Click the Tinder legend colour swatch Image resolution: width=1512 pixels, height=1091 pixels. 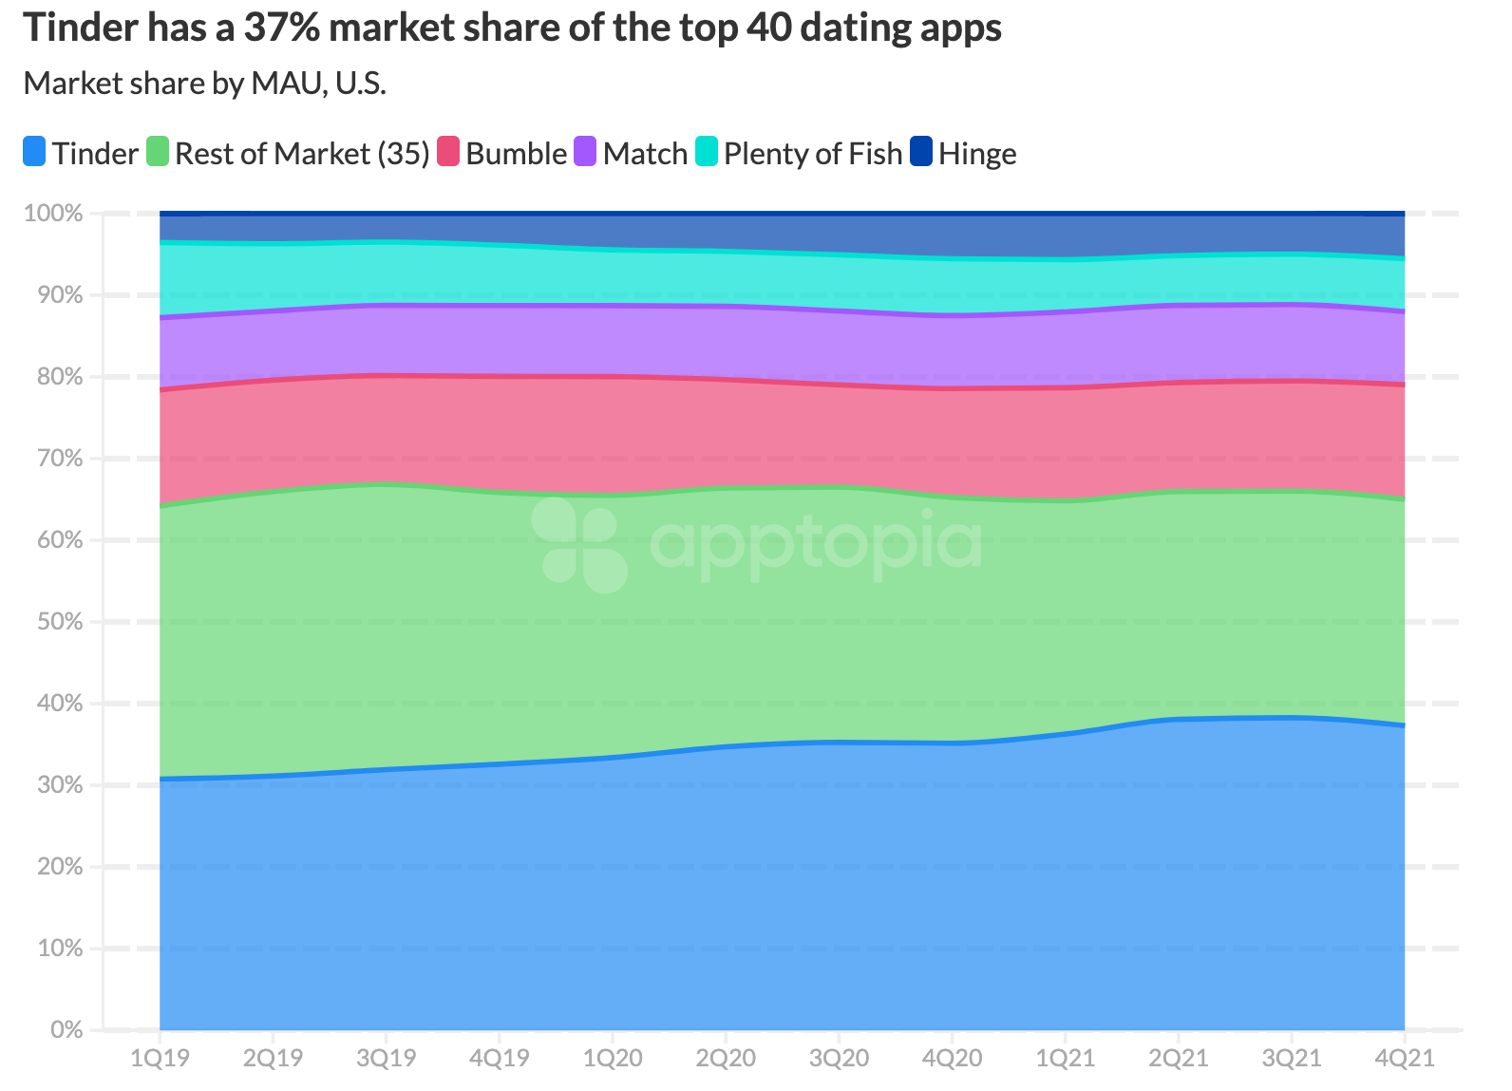click(35, 152)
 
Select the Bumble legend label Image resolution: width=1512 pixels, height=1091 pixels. click(516, 154)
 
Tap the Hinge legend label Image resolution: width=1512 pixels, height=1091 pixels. click(977, 154)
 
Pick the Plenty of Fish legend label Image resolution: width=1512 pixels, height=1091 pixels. click(813, 154)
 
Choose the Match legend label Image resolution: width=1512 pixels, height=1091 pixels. click(645, 154)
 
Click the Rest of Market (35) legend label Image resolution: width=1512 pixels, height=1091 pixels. click(302, 154)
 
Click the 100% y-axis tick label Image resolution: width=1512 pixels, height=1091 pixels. click(54, 213)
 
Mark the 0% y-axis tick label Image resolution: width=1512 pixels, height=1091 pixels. click(66, 1030)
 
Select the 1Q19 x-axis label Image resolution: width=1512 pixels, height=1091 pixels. click(160, 1058)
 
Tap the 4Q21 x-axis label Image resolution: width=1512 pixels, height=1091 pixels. click(1405, 1058)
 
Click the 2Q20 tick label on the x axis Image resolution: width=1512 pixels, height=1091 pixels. click(726, 1058)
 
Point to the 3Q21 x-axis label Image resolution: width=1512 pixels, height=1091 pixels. click(1292, 1058)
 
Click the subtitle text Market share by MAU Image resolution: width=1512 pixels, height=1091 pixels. click(204, 84)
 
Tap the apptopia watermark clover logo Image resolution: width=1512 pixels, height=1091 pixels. click(578, 545)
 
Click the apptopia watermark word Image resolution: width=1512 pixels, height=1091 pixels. click(815, 543)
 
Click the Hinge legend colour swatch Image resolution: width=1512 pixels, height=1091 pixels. click(921, 152)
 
